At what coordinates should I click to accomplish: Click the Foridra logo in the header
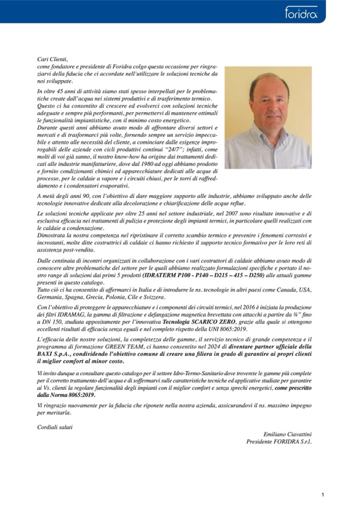[x=301, y=12]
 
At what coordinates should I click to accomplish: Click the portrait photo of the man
[x=268, y=118]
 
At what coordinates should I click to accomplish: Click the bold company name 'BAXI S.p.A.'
[x=53, y=353]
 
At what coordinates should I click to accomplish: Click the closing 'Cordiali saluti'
[x=55, y=427]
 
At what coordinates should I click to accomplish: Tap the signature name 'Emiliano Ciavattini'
[x=287, y=434]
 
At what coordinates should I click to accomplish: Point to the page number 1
[x=322, y=495]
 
